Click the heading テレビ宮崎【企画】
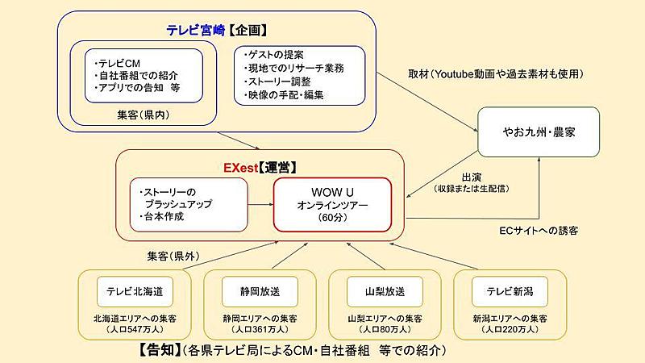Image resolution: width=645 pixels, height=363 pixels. pyautogui.click(x=217, y=30)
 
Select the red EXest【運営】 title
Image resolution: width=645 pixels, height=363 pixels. pyautogui.click(x=260, y=168)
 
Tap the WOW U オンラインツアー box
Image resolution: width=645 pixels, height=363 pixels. pyautogui.click(x=332, y=205)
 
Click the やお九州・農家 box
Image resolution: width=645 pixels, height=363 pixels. pyautogui.click(x=539, y=131)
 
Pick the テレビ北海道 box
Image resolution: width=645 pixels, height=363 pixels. pyautogui.click(x=135, y=291)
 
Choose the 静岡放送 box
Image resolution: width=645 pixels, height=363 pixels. pyautogui.click(x=260, y=291)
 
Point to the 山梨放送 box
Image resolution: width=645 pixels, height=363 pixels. pyautogui.click(x=385, y=291)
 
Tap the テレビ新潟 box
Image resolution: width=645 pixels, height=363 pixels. pyautogui.click(x=510, y=291)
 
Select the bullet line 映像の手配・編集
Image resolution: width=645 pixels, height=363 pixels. pyautogui.click(x=284, y=95)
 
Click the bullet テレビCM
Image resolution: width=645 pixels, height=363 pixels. pyautogui.click(x=117, y=64)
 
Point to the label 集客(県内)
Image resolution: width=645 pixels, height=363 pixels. pyautogui.click(x=144, y=115)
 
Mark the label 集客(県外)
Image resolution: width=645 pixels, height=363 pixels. pyautogui.click(x=173, y=256)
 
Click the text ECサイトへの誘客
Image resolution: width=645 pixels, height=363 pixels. pyautogui.click(x=539, y=231)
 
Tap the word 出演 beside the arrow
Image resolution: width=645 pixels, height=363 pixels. pyautogui.click(x=472, y=177)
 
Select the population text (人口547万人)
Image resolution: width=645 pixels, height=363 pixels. pyautogui.click(x=135, y=329)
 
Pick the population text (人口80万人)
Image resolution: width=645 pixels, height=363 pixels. pyautogui.click(x=385, y=329)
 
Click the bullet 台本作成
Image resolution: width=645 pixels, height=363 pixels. pyautogui.click(x=162, y=216)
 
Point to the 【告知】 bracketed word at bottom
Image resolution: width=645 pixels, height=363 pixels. pyautogui.click(x=159, y=350)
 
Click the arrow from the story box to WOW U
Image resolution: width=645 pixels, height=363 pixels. pyautogui.click(x=260, y=204)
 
